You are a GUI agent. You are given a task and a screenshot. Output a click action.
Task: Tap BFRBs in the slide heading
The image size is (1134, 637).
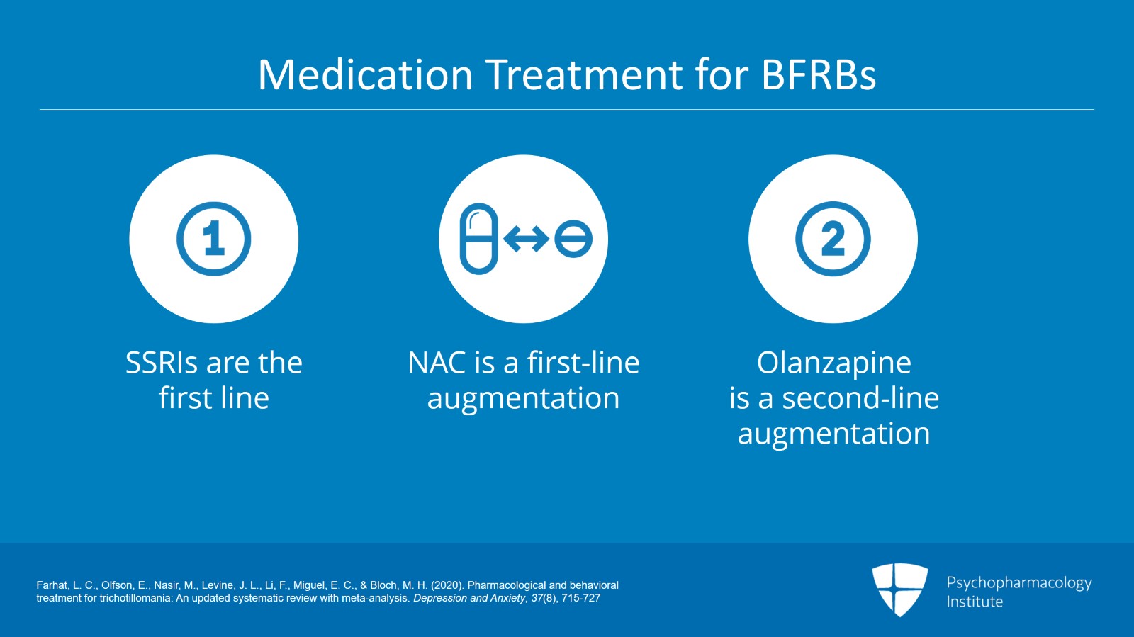(x=818, y=74)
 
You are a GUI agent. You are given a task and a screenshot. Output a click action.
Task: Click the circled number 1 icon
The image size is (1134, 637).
(x=213, y=239)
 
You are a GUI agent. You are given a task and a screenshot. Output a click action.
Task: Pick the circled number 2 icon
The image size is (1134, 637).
(x=833, y=239)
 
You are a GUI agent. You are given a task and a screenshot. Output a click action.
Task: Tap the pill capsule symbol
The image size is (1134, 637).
(x=479, y=239)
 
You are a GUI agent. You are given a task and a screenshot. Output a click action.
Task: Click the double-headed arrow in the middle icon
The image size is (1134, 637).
(x=527, y=239)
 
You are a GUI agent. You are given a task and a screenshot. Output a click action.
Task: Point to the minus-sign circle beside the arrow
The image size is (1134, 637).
(x=573, y=239)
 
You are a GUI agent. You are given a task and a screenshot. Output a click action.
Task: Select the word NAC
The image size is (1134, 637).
(x=437, y=363)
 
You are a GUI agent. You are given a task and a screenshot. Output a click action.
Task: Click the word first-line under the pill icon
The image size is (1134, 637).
(x=583, y=362)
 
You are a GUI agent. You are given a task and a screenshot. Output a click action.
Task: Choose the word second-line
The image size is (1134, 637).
(x=860, y=398)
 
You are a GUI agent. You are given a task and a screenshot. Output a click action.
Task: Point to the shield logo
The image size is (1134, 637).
(x=899, y=590)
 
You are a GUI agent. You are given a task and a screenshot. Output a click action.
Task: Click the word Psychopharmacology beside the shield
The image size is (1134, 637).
(x=1019, y=583)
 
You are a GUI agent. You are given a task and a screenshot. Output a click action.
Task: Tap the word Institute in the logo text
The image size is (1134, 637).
(x=975, y=602)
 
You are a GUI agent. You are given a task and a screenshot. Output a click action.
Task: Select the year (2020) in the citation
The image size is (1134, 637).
(x=447, y=585)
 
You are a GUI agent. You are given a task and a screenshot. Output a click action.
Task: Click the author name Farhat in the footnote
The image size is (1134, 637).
(x=52, y=585)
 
